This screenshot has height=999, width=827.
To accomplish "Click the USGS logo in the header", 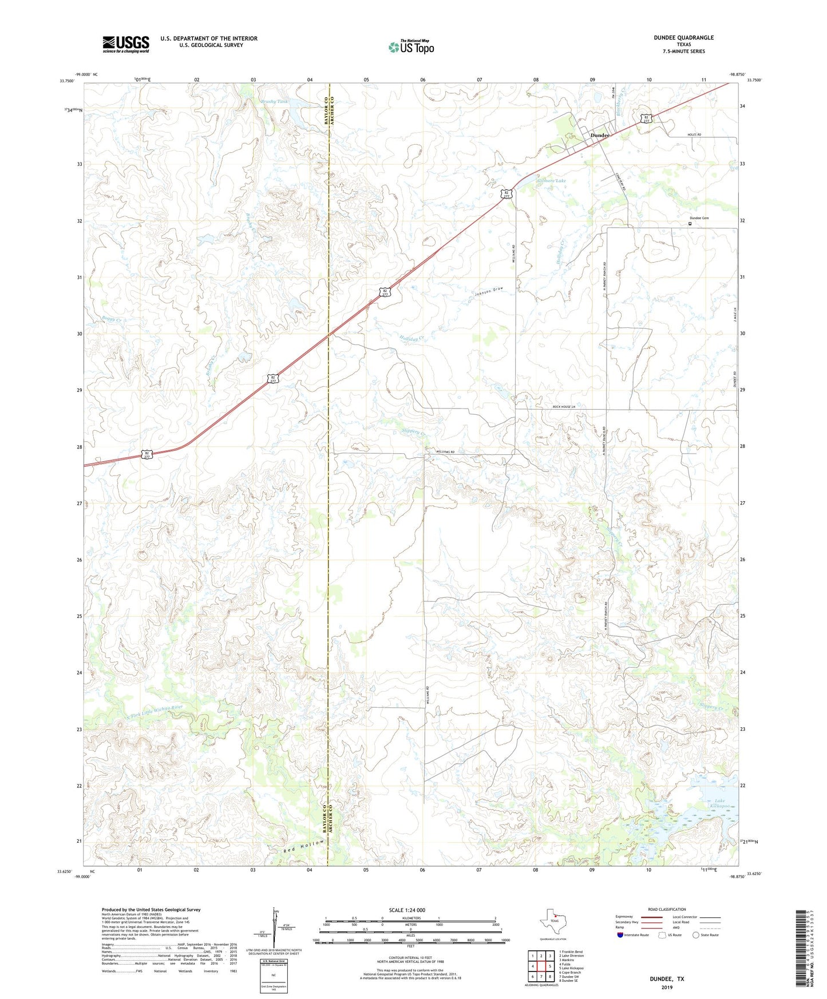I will pos(126,43).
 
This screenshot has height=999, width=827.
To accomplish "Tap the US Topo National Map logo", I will pos(411,46).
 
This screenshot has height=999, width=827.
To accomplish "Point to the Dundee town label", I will pos(600,135).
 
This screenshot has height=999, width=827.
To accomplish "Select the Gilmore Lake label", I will pos(551,181).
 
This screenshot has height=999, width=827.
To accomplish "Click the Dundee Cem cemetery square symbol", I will pos(690,224).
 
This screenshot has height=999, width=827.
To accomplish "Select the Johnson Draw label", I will pos(488,291).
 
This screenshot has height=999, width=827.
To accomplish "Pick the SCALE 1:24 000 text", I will pos(407,910).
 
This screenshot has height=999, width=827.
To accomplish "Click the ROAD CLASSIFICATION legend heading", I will pos(667,909).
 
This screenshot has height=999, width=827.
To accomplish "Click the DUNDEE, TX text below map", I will pos(667,978).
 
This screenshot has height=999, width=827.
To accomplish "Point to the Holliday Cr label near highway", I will pos(411,339).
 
